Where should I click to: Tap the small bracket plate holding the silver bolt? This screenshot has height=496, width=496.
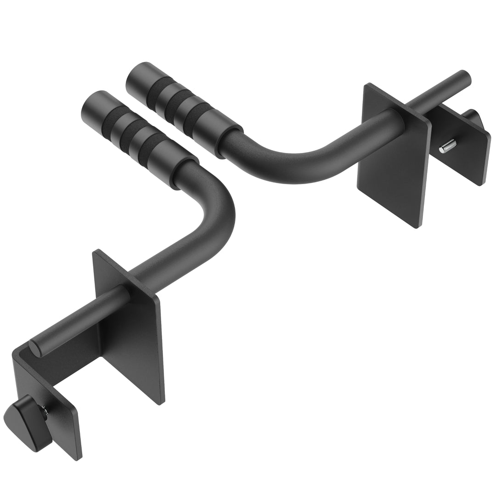point(464,147)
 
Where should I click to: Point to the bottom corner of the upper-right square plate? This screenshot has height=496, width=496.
point(418,225)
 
